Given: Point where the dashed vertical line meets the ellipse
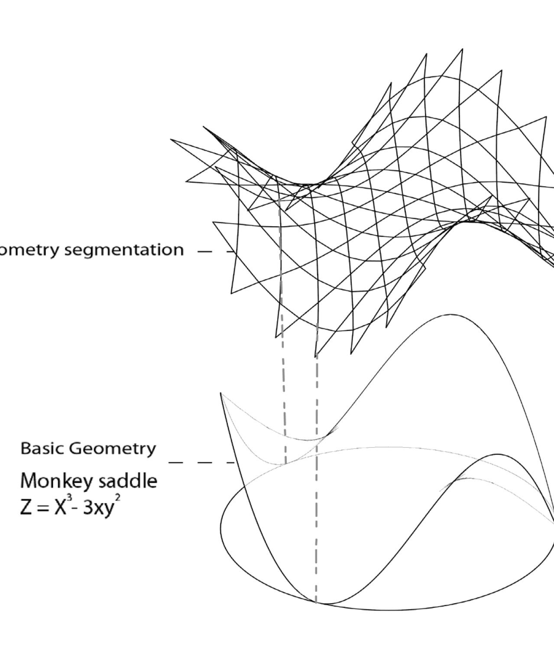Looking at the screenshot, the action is coord(316,602).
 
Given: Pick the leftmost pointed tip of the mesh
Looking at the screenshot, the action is coord(171,140).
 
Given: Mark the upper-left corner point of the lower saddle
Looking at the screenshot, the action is coord(221,393).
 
